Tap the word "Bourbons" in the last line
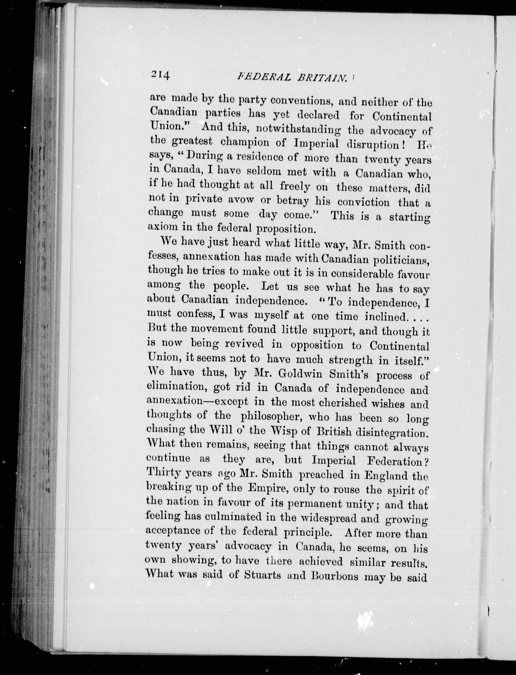(335, 575)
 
